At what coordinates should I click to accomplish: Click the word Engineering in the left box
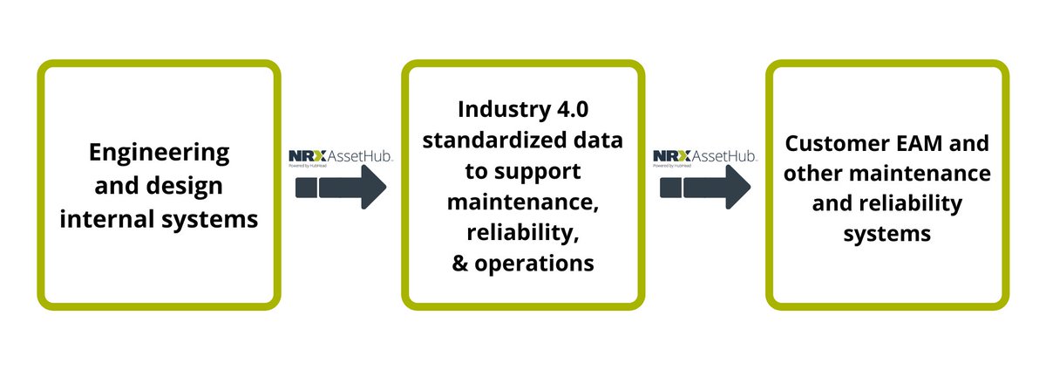tap(159, 154)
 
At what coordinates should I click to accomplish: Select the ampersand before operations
tap(461, 263)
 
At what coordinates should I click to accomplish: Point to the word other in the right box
tap(820, 174)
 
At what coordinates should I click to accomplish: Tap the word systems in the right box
tap(887, 234)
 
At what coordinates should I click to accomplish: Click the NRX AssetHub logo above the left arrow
tap(341, 157)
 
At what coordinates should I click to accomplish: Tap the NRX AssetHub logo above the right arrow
tap(705, 157)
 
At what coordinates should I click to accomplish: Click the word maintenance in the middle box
tap(523, 202)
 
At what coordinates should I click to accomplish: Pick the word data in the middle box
tap(600, 141)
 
